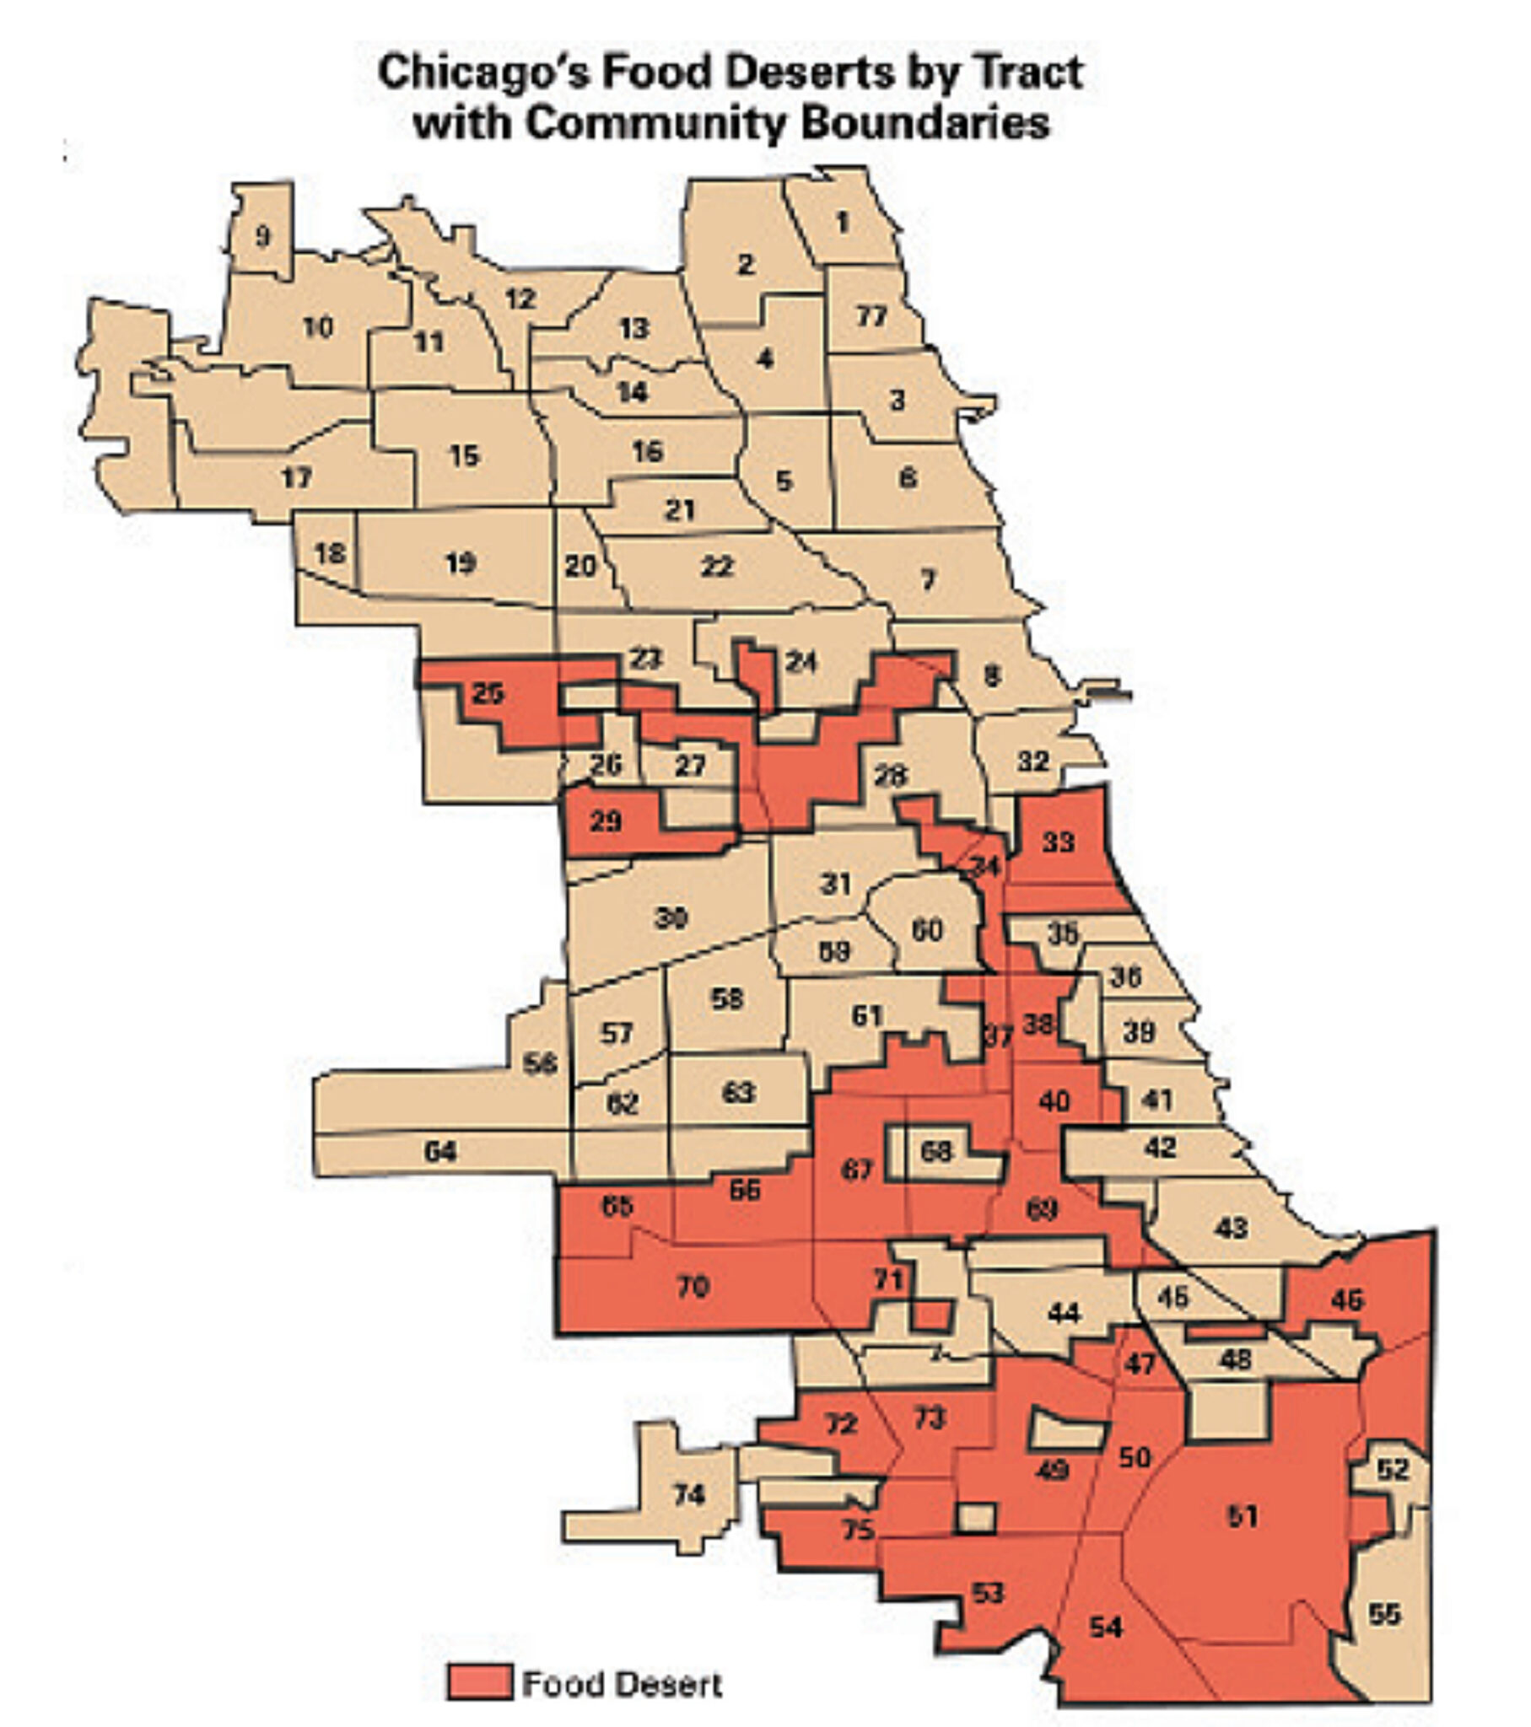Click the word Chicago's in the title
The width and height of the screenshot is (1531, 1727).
click(484, 73)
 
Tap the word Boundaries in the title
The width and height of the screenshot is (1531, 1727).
click(925, 124)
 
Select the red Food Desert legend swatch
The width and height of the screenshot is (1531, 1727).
click(479, 1682)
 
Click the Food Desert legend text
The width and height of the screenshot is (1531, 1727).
click(623, 1684)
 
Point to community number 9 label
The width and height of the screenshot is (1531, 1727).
click(263, 235)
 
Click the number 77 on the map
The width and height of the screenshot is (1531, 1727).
click(871, 316)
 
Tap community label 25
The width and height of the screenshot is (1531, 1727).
click(488, 694)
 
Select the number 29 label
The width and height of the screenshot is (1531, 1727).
click(606, 820)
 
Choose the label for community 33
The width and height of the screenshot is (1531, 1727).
click(1058, 842)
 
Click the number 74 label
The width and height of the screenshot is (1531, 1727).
click(689, 1494)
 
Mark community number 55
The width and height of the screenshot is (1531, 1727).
click(1385, 1615)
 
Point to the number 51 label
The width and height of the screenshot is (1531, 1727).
click(1243, 1517)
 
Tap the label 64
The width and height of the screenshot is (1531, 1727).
click(440, 1151)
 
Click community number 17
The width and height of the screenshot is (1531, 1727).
click(297, 478)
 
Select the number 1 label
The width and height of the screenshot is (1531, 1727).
click(842, 223)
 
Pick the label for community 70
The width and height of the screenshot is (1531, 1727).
click(693, 1287)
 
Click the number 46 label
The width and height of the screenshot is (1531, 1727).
click(1347, 1299)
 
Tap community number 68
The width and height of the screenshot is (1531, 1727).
click(936, 1151)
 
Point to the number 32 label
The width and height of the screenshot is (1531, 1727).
click(1033, 761)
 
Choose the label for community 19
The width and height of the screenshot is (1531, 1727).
click(461, 562)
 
